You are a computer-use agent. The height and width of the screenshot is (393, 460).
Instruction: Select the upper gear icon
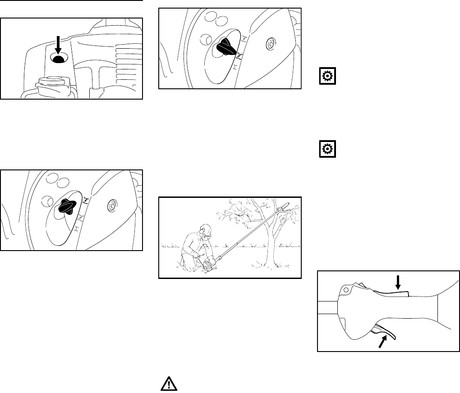[x=325, y=77]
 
